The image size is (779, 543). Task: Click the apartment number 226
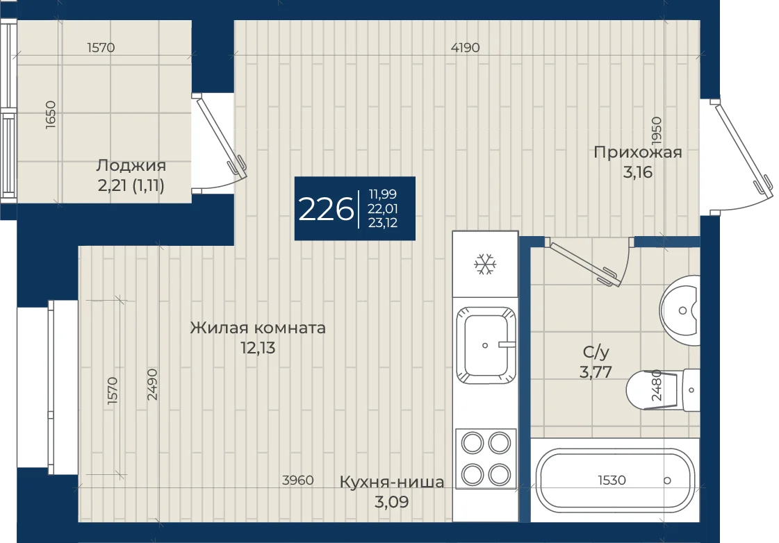(326, 209)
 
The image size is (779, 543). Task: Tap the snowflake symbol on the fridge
(485, 264)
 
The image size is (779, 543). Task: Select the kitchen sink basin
(486, 346)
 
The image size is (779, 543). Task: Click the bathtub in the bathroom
(615, 481)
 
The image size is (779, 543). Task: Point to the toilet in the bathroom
(663, 390)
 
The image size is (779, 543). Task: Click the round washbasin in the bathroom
(680, 310)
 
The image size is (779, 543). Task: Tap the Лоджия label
(131, 165)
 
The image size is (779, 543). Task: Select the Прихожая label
(638, 152)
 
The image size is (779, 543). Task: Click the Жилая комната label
(258, 328)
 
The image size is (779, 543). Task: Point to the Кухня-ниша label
(392, 482)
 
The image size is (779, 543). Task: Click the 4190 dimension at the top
(465, 48)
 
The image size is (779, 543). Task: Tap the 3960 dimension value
(297, 480)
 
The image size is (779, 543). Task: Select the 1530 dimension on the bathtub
(612, 480)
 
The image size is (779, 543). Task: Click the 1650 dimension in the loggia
(51, 115)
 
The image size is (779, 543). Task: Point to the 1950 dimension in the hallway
(656, 130)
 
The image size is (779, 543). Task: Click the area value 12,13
(258, 347)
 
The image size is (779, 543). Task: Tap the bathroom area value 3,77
(596, 371)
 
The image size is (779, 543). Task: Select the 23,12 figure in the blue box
(382, 223)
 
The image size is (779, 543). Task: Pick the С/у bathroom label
(596, 352)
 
